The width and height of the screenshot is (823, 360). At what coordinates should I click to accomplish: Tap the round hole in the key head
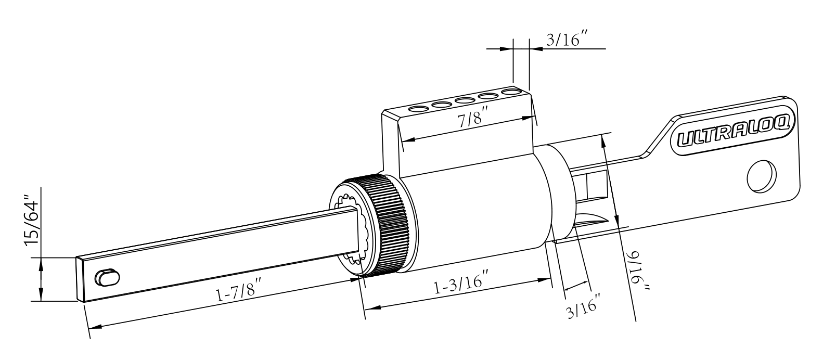click(761, 175)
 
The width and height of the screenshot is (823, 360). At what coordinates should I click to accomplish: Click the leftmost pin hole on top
click(417, 109)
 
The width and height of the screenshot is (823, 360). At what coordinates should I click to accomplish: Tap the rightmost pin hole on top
click(511, 93)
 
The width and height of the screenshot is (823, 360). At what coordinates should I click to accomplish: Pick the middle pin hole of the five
click(464, 100)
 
